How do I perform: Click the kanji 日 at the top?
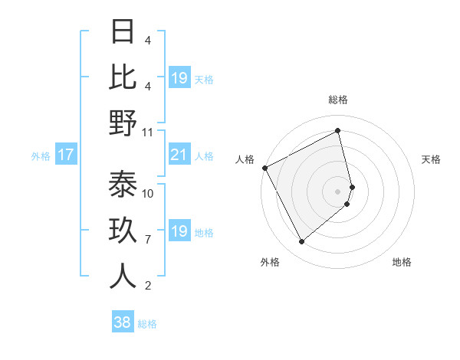123,32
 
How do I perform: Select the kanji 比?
123,77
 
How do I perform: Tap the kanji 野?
123,123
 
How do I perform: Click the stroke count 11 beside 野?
148,132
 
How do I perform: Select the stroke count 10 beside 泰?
148,194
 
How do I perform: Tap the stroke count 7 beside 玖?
148,240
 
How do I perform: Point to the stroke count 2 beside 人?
148,286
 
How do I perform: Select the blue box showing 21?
179,155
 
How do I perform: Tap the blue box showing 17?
66,155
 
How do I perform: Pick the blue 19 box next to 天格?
179,78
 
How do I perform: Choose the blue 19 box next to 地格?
179,231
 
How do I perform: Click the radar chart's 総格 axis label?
338,100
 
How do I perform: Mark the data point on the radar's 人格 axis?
264,168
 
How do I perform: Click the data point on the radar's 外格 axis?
301,242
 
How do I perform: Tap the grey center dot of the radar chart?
338,191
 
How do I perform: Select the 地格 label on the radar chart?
402,262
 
